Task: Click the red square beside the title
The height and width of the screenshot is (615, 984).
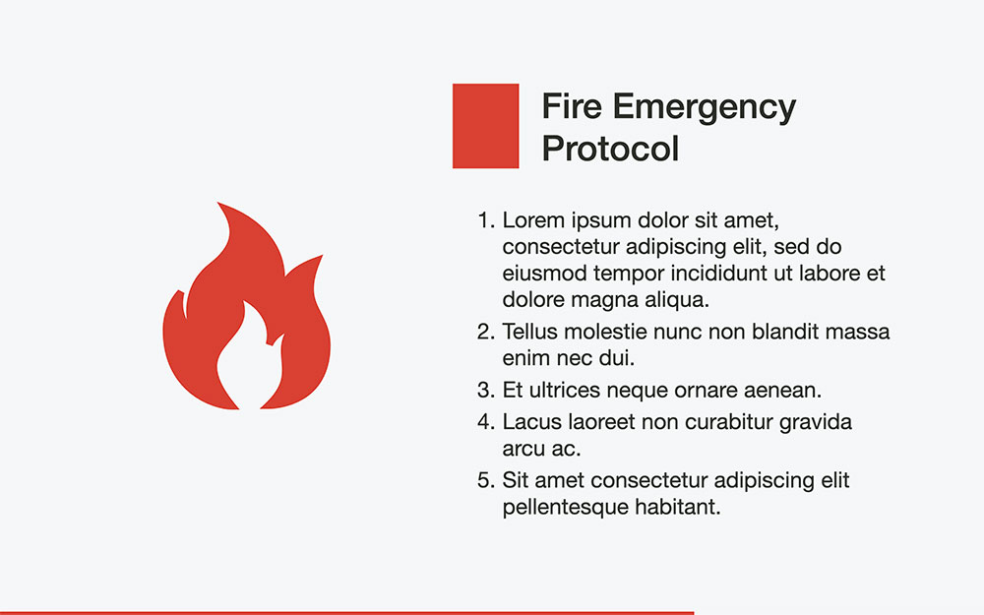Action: click(x=485, y=126)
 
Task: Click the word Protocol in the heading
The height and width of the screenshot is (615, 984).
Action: click(x=610, y=149)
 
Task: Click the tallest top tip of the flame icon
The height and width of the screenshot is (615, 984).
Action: click(x=220, y=206)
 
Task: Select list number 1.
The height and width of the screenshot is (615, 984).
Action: click(x=484, y=219)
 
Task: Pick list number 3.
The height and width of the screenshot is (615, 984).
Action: click(x=484, y=390)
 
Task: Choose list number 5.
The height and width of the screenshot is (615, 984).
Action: click(x=484, y=481)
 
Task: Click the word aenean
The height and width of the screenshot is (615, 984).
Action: click(x=781, y=390)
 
